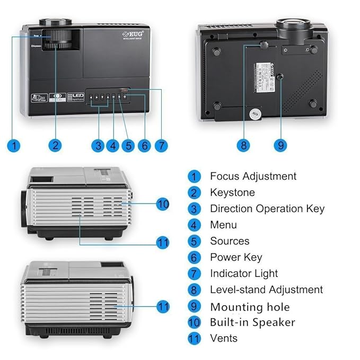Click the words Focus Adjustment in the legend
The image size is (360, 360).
[x=253, y=176]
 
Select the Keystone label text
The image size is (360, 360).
[x=232, y=192]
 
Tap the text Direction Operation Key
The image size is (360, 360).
[x=267, y=209]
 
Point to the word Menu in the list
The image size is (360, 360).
[x=223, y=225]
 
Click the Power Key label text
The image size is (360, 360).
[x=236, y=258]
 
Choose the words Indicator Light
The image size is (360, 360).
[x=244, y=274]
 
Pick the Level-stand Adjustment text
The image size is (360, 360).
[x=266, y=290]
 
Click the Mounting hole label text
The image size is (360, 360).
[x=250, y=307]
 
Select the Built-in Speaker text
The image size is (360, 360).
[x=252, y=322]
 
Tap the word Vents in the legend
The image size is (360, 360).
[x=224, y=338]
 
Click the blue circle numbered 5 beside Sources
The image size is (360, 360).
[x=195, y=241]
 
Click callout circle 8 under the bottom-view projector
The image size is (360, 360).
[x=243, y=145]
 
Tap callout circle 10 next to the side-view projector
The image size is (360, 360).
[x=163, y=203]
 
